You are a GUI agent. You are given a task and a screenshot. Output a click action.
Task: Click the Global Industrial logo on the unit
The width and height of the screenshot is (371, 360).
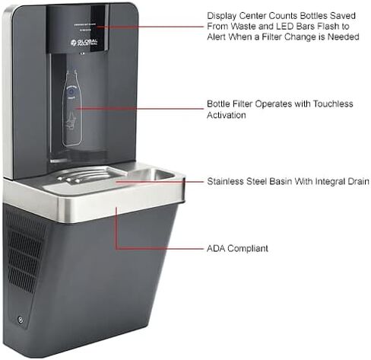84,42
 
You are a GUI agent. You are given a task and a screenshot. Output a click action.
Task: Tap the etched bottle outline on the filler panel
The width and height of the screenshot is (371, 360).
72,108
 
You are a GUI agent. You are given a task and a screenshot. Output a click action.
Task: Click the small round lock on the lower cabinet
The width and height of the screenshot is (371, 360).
21,320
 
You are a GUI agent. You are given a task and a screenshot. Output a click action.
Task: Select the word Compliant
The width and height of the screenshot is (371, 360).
248,249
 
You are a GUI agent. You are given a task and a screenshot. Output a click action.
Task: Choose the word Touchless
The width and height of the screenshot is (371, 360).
333,104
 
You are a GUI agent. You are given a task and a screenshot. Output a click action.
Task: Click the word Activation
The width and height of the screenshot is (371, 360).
227,115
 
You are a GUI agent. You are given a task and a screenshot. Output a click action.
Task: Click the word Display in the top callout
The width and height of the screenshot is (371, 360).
221,16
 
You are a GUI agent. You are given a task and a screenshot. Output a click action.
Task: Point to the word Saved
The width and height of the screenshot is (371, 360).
343,16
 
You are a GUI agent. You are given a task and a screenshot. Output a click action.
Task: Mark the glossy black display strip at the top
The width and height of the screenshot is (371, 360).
100,28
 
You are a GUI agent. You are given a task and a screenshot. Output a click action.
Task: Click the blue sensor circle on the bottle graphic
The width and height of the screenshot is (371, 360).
71,91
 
